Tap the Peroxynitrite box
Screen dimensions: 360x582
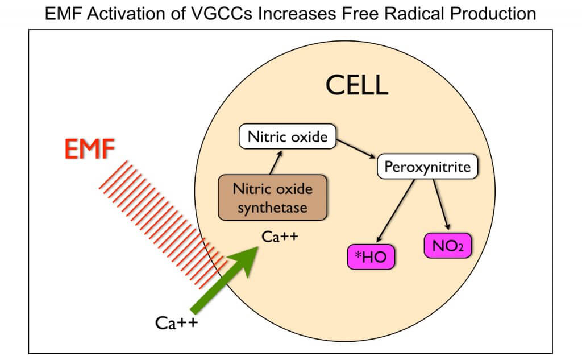tap(427, 167)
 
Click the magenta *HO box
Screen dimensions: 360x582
tap(371, 257)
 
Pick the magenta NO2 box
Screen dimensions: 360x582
tap(448, 247)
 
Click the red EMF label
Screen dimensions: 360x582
tap(89, 151)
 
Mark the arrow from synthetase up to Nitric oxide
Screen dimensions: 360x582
tap(276, 163)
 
